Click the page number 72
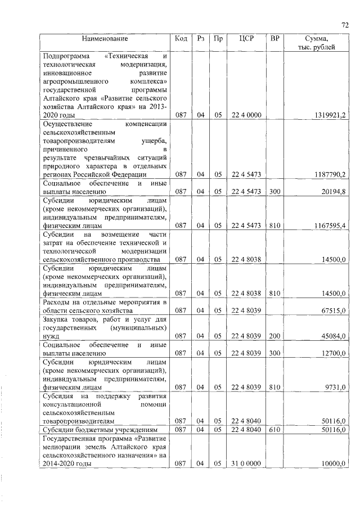[x=345, y=24]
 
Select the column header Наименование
[x=105, y=38]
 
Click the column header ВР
[x=274, y=38]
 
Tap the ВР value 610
[x=274, y=429]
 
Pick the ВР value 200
[x=274, y=336]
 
